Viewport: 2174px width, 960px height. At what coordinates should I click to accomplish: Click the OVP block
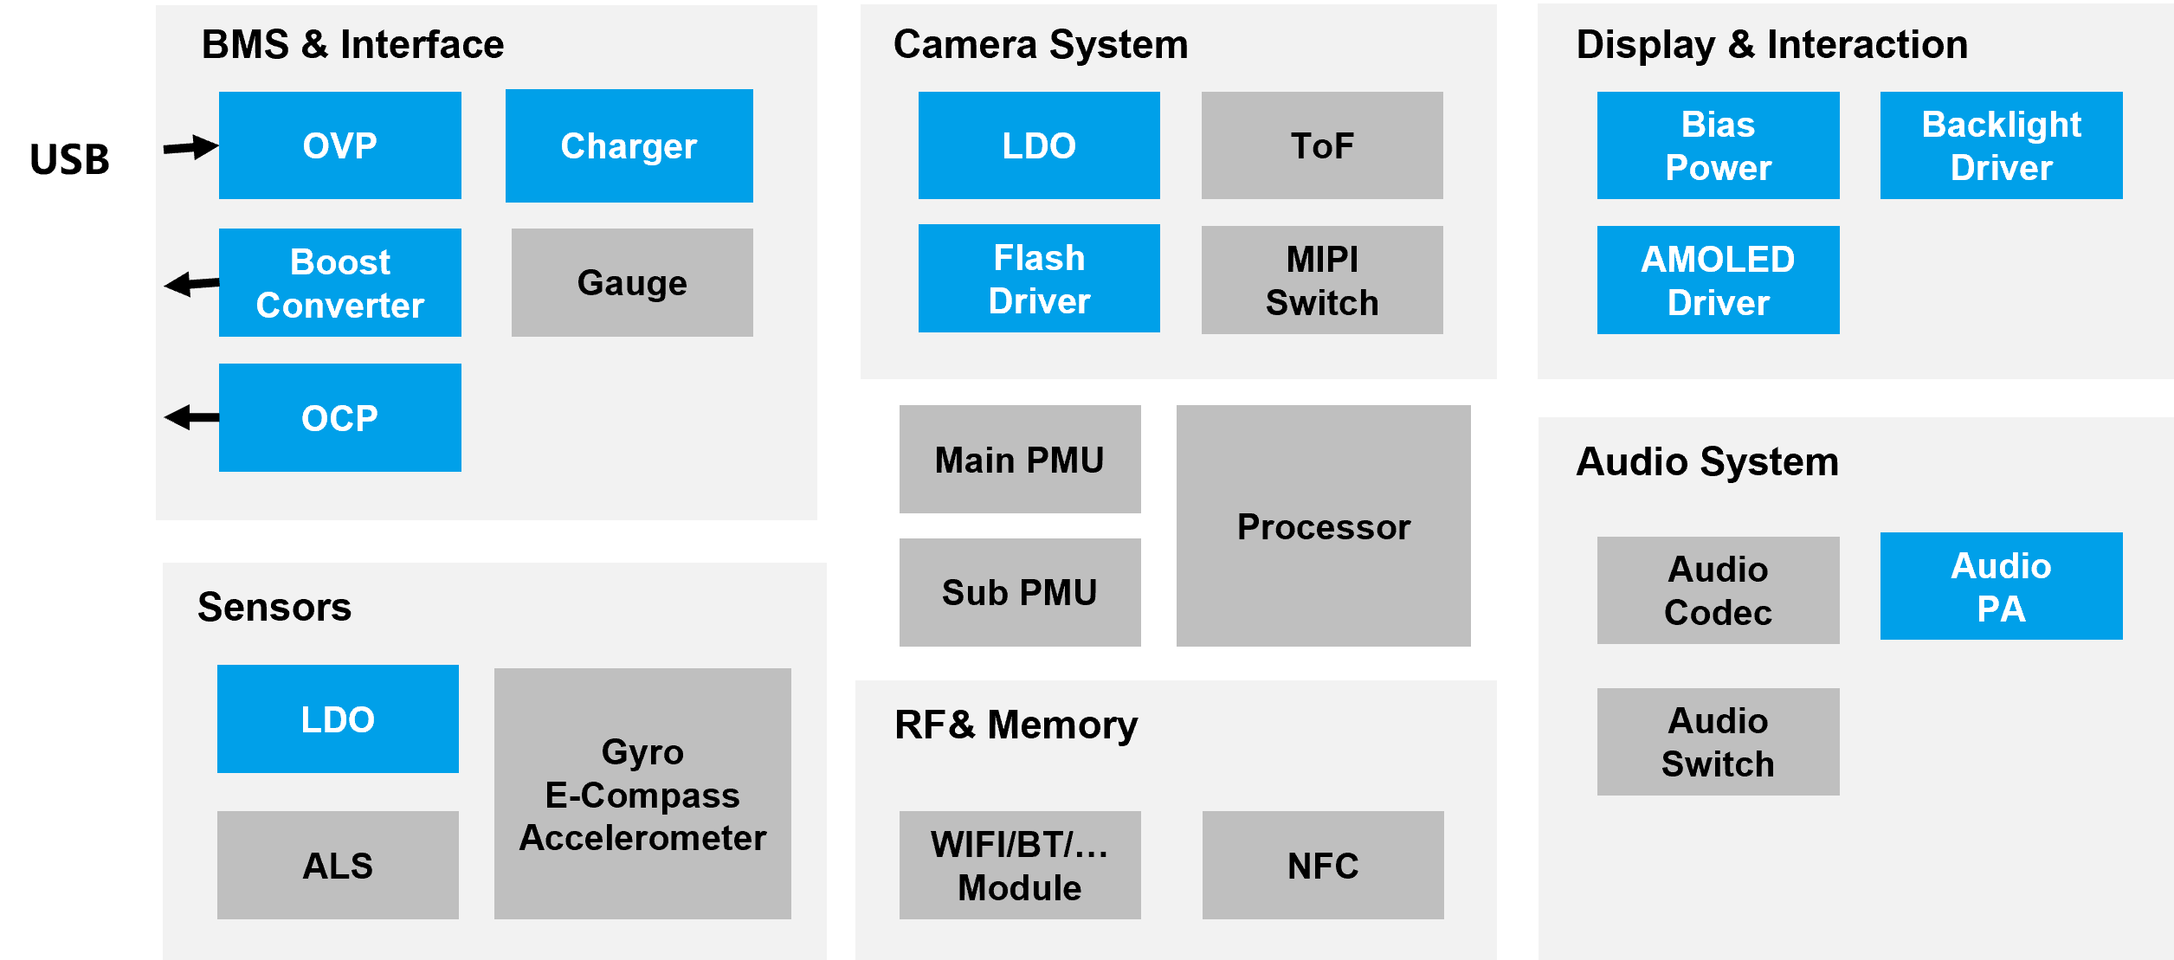pyautogui.click(x=339, y=145)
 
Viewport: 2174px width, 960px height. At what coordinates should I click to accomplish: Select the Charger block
pyautogui.click(x=629, y=145)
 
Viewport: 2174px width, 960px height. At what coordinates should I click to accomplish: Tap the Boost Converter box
pyautogui.click(x=339, y=282)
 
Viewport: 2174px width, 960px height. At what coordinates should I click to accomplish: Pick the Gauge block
pyautogui.click(x=632, y=282)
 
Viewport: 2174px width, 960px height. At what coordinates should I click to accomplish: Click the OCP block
pyautogui.click(x=339, y=417)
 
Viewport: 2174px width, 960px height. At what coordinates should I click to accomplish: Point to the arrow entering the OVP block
pyautogui.click(x=191, y=147)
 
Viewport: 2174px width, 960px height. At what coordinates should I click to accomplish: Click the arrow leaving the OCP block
pyautogui.click(x=191, y=417)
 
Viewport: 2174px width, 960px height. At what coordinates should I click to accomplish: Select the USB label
pyautogui.click(x=69, y=159)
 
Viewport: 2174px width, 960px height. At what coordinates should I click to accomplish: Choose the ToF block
pyautogui.click(x=1322, y=145)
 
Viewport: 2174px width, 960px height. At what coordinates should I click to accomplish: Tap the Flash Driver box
pyautogui.click(x=1039, y=278)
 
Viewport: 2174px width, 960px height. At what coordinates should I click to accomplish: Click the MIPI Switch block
pyautogui.click(x=1322, y=280)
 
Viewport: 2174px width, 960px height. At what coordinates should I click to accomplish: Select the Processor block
pyautogui.click(x=1324, y=525)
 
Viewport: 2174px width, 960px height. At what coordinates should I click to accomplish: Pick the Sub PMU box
pyautogui.click(x=1020, y=592)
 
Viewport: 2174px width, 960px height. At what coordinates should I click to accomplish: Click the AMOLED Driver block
pyautogui.click(x=1719, y=280)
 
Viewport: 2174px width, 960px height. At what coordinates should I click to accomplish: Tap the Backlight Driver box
pyautogui.click(x=2002, y=145)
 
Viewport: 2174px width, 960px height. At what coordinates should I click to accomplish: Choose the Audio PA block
pyautogui.click(x=2002, y=586)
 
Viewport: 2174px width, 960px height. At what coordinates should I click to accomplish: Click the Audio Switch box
pyautogui.click(x=1719, y=742)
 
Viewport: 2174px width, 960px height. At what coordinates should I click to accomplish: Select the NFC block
pyautogui.click(x=1323, y=865)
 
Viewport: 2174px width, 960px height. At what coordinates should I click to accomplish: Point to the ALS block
pyautogui.click(x=338, y=865)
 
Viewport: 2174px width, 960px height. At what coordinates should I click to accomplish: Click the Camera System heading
pyautogui.click(x=1041, y=44)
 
